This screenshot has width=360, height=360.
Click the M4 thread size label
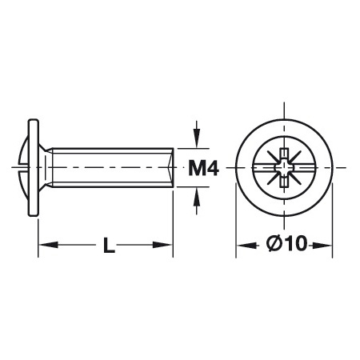(x=205, y=168)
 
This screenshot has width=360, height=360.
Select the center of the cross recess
(x=284, y=168)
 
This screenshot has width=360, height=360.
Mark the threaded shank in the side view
(x=112, y=168)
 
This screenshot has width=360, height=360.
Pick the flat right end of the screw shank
(x=173, y=168)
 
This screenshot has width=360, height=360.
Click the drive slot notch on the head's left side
(x=22, y=169)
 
